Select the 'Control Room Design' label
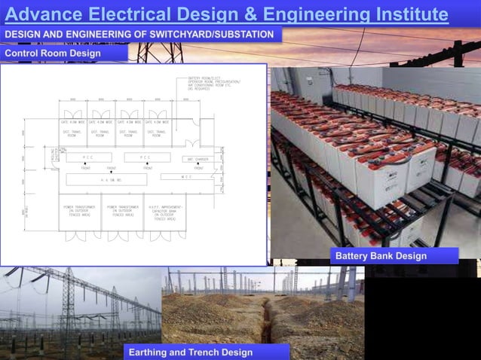coord(53,53)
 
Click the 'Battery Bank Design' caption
coord(381,256)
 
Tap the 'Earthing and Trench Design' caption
coord(190,352)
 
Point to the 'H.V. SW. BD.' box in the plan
coord(112,181)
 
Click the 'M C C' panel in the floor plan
coord(185,177)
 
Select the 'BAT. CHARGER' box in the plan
coord(198,158)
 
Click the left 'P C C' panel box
coord(89,157)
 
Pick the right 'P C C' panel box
coord(146,157)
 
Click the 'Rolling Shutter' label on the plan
coord(54,155)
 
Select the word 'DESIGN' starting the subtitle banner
coord(24,35)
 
